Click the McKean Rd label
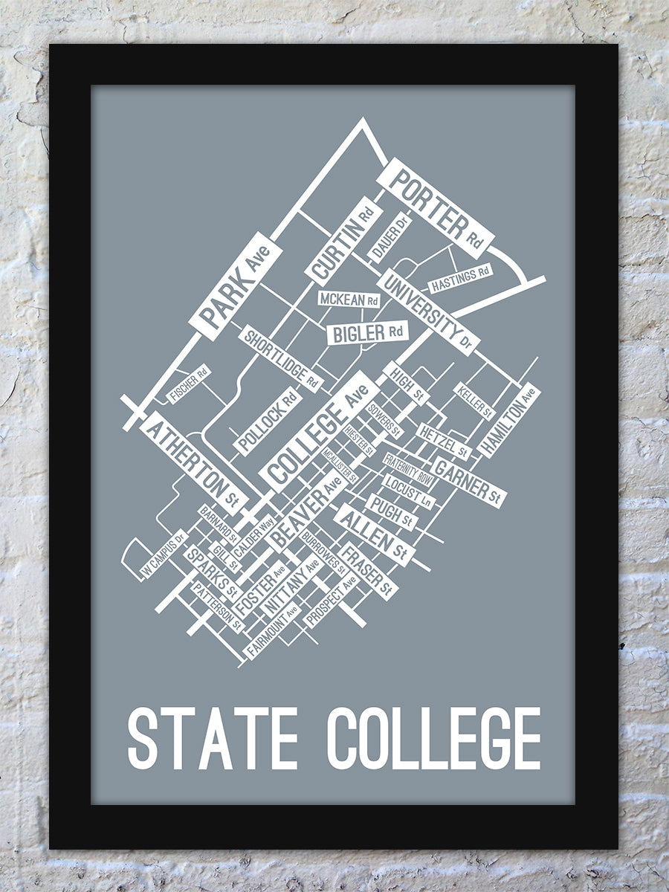tap(349, 300)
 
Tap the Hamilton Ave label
tap(508, 420)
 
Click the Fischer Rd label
tap(189, 384)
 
